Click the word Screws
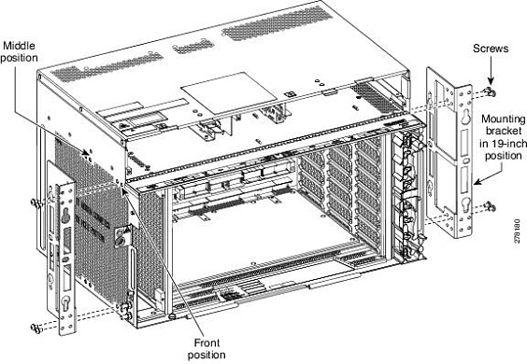click(491, 47)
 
